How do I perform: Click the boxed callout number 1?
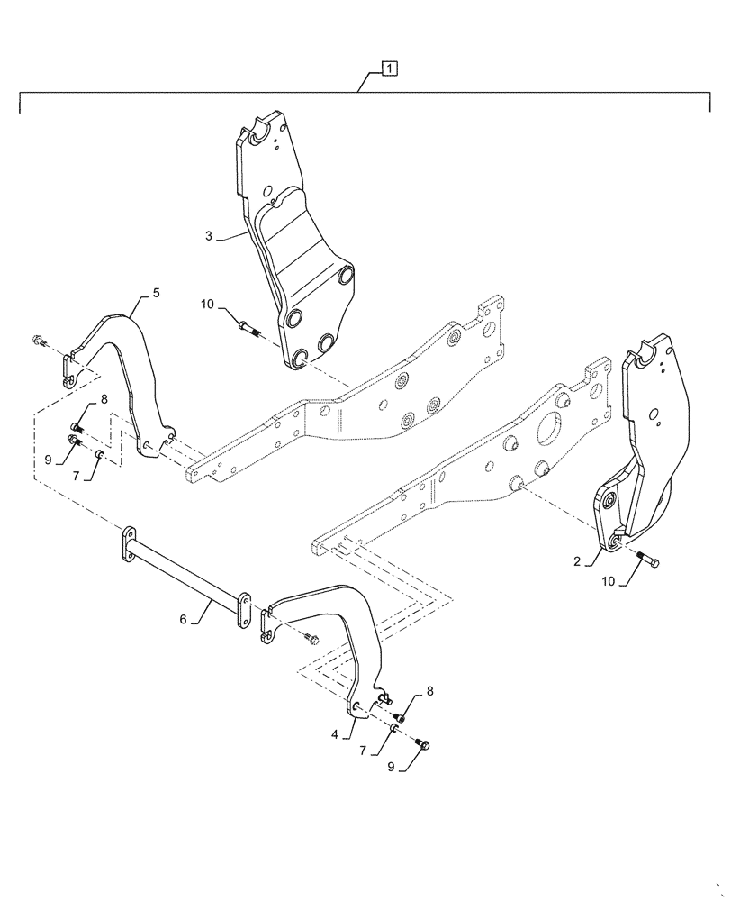pos(388,68)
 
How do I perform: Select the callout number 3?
pos(209,236)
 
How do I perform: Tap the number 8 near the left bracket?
pos(104,398)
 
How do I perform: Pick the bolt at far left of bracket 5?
pos(37,341)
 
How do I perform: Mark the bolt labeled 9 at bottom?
pos(425,744)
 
